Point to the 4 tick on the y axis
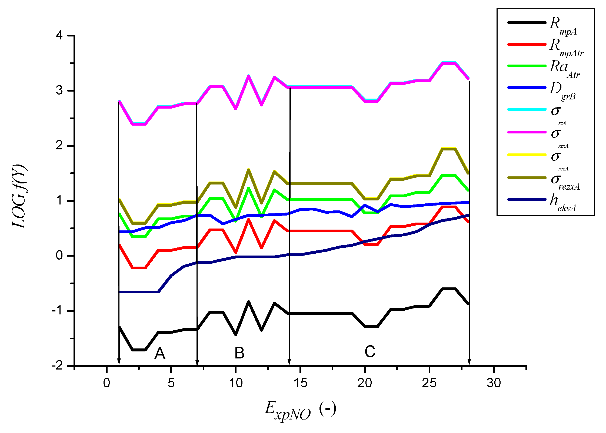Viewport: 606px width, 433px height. click(x=59, y=35)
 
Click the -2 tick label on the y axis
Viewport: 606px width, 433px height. click(x=57, y=366)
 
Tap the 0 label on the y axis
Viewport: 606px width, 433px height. click(x=59, y=255)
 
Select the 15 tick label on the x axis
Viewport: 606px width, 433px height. click(x=300, y=383)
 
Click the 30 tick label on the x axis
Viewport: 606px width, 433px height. click(x=494, y=383)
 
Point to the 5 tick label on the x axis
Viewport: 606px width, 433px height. click(x=171, y=383)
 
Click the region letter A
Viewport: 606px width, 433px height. click(x=160, y=353)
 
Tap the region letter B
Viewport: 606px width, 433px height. click(x=239, y=353)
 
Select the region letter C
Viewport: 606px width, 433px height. click(x=370, y=351)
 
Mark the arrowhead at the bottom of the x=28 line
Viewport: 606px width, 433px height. click(x=469, y=362)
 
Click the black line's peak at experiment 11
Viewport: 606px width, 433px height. click(x=248, y=302)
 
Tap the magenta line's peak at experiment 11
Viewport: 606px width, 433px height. click(x=248, y=76)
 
